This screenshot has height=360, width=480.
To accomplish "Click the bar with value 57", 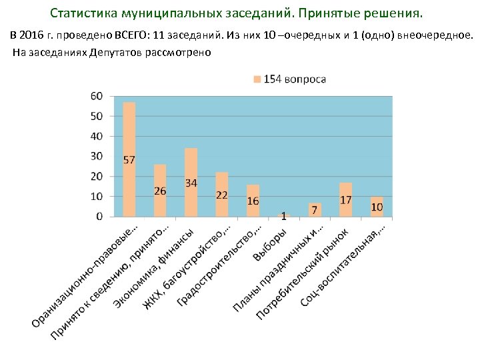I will tap(129, 159).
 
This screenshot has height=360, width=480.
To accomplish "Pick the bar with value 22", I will tap(222, 194).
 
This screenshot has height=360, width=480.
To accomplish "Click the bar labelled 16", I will tap(253, 200).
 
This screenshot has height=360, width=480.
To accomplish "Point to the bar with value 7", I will tap(315, 209).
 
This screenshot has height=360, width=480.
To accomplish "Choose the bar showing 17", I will tap(346, 199).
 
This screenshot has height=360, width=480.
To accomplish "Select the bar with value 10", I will tap(377, 206).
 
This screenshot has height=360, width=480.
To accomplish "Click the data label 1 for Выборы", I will tap(284, 216).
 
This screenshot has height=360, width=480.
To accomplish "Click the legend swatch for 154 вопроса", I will tap(257, 79).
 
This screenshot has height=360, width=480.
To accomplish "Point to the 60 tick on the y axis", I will tap(97, 96).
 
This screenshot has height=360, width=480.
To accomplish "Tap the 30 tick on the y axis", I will tap(97, 156).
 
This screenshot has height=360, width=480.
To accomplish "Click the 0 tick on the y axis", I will tap(99, 216).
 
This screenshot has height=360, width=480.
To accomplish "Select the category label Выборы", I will tap(270, 245).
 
